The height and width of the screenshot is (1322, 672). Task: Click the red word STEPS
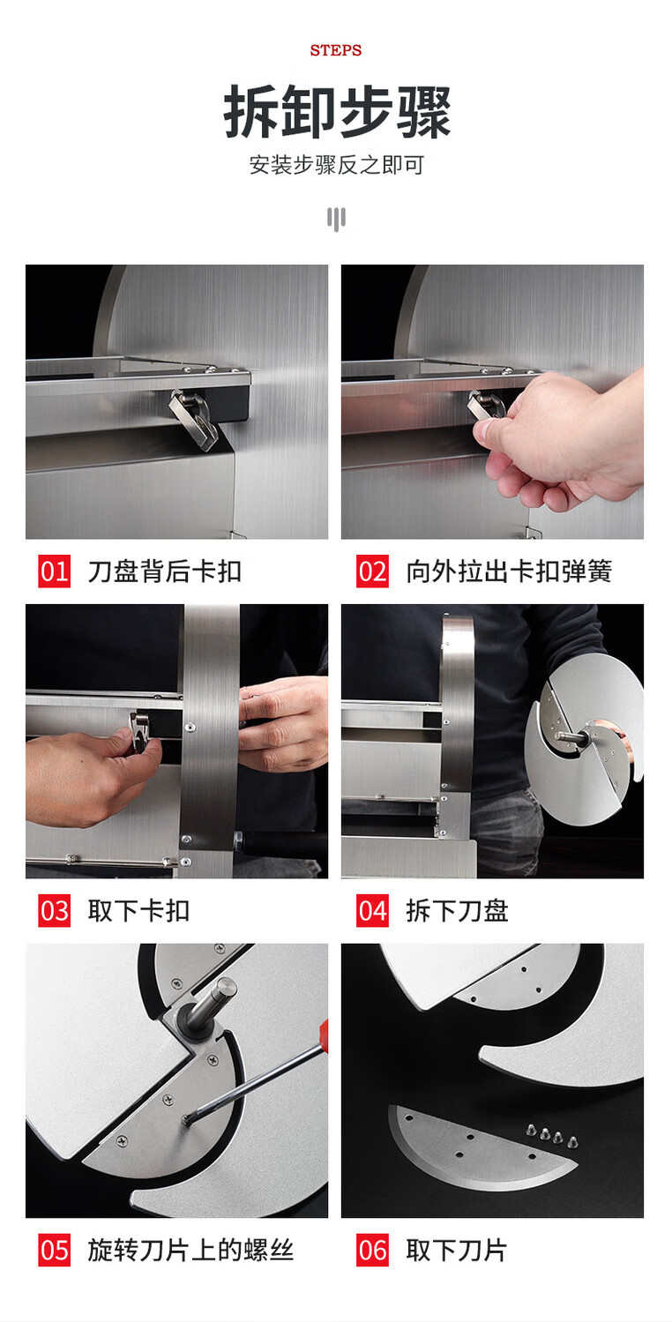(336, 50)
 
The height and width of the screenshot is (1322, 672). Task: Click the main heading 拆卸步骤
(336, 111)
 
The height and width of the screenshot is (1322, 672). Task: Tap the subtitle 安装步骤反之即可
(336, 165)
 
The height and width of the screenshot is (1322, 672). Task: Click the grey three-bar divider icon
(336, 219)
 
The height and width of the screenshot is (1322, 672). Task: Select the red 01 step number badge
(55, 571)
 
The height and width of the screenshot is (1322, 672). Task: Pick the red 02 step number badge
(372, 571)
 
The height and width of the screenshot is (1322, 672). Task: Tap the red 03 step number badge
(55, 911)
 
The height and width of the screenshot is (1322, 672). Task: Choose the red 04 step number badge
(372, 911)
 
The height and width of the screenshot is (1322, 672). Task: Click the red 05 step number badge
(55, 1250)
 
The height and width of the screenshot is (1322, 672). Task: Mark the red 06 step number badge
(372, 1250)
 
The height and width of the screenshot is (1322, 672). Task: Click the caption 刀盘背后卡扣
(165, 571)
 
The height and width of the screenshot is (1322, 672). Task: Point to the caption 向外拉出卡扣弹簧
(509, 571)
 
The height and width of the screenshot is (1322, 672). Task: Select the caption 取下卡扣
(138, 911)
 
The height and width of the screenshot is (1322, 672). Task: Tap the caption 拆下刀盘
(457, 911)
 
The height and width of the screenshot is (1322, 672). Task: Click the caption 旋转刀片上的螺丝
(190, 1250)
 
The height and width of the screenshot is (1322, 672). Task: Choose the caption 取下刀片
(456, 1250)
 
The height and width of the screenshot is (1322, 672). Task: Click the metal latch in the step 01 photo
(193, 419)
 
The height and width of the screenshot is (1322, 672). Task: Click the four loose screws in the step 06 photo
(552, 1135)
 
